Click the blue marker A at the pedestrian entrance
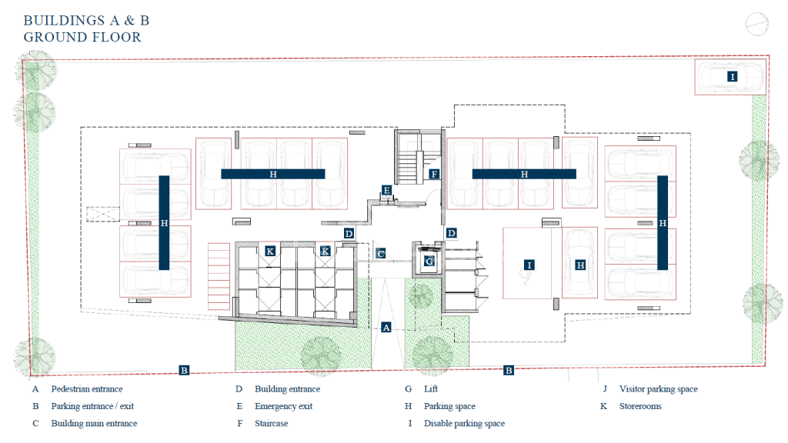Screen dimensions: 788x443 tap(386, 328)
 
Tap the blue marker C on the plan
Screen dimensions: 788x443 tap(381, 254)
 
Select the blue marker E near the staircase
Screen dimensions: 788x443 tap(386, 191)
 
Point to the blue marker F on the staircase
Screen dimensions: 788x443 tap(434, 175)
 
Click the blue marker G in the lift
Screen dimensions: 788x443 tap(429, 261)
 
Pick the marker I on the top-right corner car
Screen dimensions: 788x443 tap(733, 77)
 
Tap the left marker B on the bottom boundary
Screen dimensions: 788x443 tap(184, 371)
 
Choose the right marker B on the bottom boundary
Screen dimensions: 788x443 tap(509, 371)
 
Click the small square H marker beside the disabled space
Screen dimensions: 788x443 tap(580, 265)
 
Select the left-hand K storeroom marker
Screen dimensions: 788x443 tap(270, 251)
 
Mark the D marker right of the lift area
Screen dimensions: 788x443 tap(451, 233)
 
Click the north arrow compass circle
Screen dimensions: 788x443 tap(756, 24)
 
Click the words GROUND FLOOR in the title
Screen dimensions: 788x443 tap(82, 37)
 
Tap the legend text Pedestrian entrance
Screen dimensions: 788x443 tap(86, 388)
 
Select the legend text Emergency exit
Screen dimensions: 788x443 tap(283, 406)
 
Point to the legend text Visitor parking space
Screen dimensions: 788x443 tap(659, 388)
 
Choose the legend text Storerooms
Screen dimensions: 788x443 tap(640, 406)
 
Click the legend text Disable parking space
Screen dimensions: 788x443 tap(464, 424)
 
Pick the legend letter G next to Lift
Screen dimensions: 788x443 tap(408, 388)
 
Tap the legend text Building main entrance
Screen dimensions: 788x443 tap(94, 424)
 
